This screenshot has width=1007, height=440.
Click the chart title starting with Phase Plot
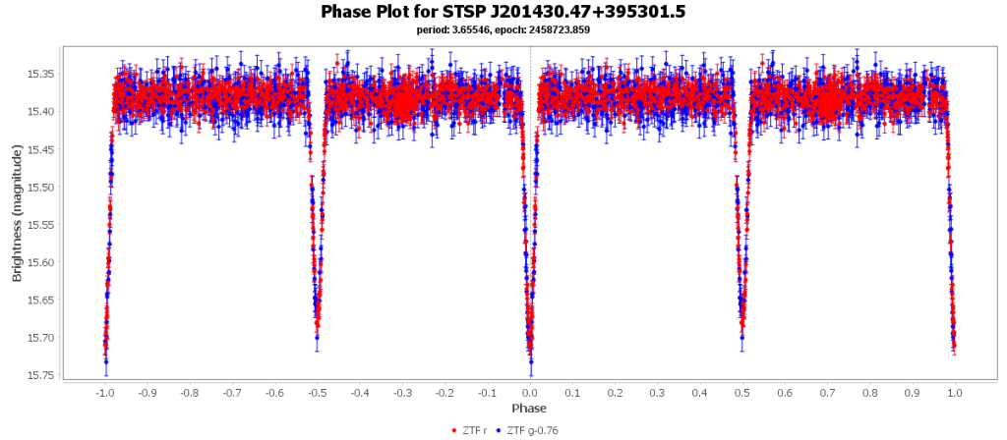(503, 12)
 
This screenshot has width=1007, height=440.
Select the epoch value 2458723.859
(560, 30)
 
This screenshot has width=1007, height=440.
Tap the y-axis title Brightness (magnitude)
(17, 213)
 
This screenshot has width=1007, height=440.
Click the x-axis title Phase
(529, 409)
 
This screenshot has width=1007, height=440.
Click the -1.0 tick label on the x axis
(103, 393)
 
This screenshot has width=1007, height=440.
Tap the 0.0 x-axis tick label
(530, 393)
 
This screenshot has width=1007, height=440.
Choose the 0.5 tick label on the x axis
(742, 393)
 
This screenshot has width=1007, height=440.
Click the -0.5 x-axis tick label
(317, 393)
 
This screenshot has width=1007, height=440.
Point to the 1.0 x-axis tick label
(955, 393)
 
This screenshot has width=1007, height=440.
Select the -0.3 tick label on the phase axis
(401, 393)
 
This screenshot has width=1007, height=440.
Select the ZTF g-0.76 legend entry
(532, 430)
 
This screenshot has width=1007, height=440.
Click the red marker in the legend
(453, 430)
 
